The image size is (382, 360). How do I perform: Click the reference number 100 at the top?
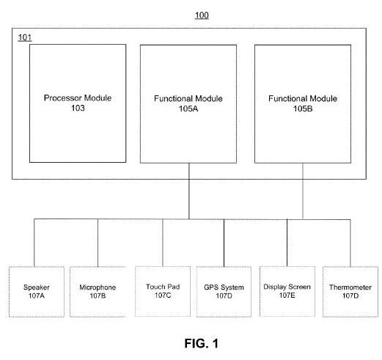[x=202, y=15]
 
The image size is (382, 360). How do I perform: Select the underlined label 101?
[x=25, y=37]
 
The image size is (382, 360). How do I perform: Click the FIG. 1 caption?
[x=202, y=343]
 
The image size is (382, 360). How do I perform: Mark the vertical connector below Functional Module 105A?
[x=189, y=191]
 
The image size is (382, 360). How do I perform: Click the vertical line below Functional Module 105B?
[x=303, y=191]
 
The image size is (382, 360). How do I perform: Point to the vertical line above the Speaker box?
[x=34, y=243]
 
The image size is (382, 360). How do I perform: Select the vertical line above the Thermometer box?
[x=350, y=243]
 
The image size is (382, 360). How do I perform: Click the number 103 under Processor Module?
[x=78, y=108]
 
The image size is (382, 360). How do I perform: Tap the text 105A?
[x=188, y=109]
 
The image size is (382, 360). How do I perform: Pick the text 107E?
[x=287, y=295]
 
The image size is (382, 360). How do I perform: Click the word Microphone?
[x=98, y=287]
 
